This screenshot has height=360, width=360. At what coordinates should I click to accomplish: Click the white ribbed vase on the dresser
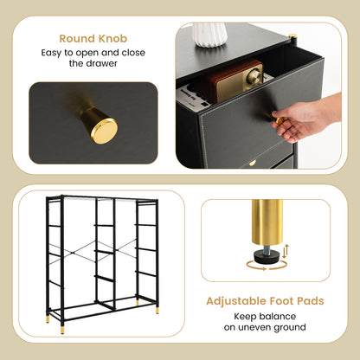click(209, 34)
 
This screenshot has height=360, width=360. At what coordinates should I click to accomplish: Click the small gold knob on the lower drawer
click(253, 162)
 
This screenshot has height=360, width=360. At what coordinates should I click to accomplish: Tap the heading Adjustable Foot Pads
click(264, 302)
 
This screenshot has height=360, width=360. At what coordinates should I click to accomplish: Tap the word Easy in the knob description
click(53, 53)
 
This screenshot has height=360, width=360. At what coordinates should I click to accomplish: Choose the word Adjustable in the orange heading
click(233, 302)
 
